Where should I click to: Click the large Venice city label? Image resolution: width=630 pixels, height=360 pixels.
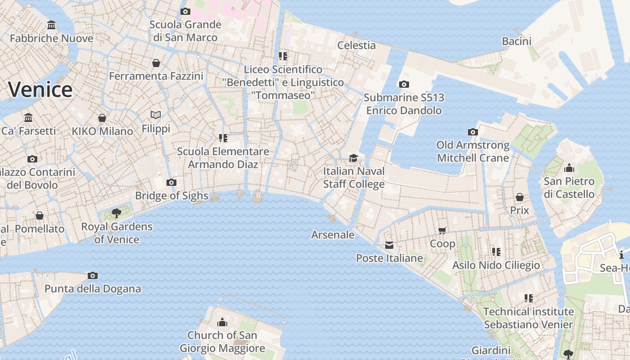pyautogui.click(x=40, y=90)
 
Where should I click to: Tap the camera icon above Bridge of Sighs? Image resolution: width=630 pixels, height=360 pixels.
pyautogui.click(x=171, y=182)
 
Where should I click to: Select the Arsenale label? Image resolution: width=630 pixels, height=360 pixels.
pyautogui.click(x=333, y=235)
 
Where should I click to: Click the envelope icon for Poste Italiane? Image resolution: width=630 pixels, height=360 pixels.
pyautogui.click(x=389, y=245)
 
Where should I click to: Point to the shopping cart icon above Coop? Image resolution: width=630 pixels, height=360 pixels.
pyautogui.click(x=442, y=230)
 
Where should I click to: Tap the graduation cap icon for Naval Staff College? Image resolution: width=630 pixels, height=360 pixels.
pyautogui.click(x=354, y=158)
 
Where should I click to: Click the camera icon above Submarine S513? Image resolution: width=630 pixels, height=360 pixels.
pyautogui.click(x=404, y=84)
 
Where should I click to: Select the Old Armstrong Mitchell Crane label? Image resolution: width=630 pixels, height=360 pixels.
pyautogui.click(x=473, y=152)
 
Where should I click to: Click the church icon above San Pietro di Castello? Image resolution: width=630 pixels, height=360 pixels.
pyautogui.click(x=569, y=168)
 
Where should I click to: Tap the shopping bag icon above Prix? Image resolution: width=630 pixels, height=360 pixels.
pyautogui.click(x=519, y=197)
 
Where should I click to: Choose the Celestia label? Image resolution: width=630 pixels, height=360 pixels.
pyautogui.click(x=356, y=45)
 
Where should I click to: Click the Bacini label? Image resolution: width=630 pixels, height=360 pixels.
pyautogui.click(x=517, y=41)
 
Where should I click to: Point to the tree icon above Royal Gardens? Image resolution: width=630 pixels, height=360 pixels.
pyautogui.click(x=117, y=213)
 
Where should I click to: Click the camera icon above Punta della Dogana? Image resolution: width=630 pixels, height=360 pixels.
pyautogui.click(x=93, y=275)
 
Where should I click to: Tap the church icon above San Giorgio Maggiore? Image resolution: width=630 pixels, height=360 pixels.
pyautogui.click(x=222, y=322)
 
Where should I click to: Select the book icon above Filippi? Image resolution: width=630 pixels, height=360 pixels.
pyautogui.click(x=156, y=115)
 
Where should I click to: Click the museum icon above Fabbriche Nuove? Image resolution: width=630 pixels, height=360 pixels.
pyautogui.click(x=51, y=25)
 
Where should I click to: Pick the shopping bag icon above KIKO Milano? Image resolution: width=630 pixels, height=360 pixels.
pyautogui.click(x=102, y=118)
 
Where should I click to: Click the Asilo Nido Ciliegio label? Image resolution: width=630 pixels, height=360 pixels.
pyautogui.click(x=496, y=265)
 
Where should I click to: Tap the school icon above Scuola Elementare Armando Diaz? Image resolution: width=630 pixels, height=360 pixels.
pyautogui.click(x=223, y=138)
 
